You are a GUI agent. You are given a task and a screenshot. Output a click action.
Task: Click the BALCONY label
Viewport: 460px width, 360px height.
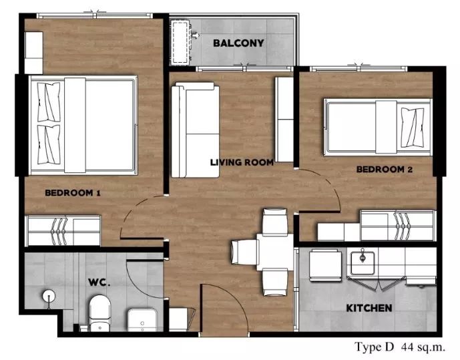pyautogui.click(x=238, y=43)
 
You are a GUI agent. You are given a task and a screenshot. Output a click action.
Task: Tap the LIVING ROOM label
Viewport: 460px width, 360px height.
pyautogui.click(x=242, y=162)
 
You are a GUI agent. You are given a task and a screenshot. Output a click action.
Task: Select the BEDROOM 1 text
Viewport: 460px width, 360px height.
pyautogui.click(x=73, y=193)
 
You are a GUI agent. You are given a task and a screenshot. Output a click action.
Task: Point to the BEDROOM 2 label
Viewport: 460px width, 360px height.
pyautogui.click(x=385, y=169)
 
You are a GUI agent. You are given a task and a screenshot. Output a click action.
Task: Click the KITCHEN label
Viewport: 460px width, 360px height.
pyautogui.click(x=369, y=308)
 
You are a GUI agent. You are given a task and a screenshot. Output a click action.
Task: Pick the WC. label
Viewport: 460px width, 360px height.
pyautogui.click(x=99, y=283)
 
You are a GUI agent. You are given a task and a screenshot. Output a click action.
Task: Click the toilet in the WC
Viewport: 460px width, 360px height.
pyautogui.click(x=99, y=313)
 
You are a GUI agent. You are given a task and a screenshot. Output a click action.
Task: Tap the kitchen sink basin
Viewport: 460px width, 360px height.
pyautogui.click(x=363, y=263)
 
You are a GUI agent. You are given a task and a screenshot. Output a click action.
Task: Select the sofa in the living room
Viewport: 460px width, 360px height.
pyautogui.click(x=195, y=130)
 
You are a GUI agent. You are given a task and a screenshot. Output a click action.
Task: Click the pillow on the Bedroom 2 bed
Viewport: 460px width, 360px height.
pyautogui.click(x=413, y=128)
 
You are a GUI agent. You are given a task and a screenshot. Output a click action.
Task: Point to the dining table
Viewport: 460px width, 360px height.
pyautogui.click(x=275, y=252)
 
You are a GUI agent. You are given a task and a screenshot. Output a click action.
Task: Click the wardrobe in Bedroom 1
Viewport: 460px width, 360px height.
pyautogui.click(x=63, y=231)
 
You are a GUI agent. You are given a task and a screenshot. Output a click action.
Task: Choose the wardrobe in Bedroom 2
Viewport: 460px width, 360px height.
pyautogui.click(x=397, y=226)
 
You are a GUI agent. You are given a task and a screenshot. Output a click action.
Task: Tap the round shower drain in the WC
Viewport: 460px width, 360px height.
pyautogui.click(x=49, y=296)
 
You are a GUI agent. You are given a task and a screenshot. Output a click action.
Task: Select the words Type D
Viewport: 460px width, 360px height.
pyautogui.click(x=374, y=347)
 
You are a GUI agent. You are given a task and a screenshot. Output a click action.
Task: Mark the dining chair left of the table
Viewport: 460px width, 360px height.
pyautogui.click(x=244, y=252)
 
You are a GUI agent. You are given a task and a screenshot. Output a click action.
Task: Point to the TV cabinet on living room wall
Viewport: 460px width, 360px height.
pyautogui.click(x=284, y=120)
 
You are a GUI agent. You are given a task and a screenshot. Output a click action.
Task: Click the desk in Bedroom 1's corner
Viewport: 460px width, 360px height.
pyautogui.click(x=34, y=53)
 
